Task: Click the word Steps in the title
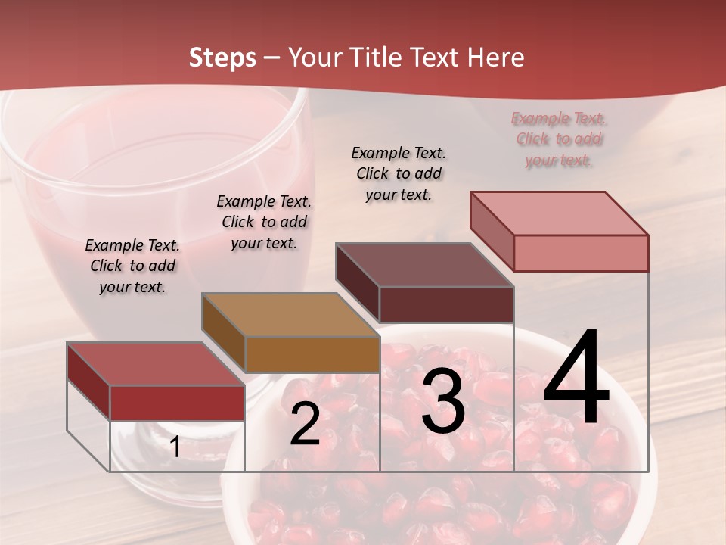coord(222,58)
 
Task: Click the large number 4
coord(576,378)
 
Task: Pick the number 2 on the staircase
coord(305,425)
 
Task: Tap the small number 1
coord(175,447)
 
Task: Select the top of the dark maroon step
coord(423,265)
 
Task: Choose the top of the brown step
coord(290,315)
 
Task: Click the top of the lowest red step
coord(155,364)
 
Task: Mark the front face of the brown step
coord(312,354)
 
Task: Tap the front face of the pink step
coord(581,253)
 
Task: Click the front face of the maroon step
coord(446,304)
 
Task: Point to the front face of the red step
coord(177,403)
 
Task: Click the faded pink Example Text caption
coord(559,139)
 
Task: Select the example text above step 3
coord(399,173)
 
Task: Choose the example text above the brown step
coord(264,222)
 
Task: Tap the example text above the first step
coord(132,266)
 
